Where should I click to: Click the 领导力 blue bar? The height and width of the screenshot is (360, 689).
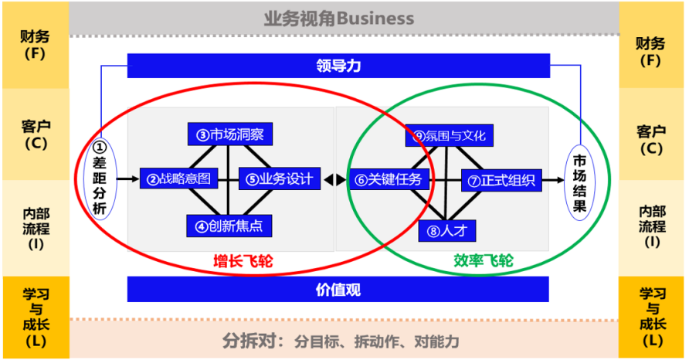click(338, 66)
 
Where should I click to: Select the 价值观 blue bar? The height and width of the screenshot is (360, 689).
click(338, 290)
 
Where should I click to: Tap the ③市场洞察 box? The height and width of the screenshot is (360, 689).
click(229, 134)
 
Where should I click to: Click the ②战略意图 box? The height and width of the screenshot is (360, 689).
click(175, 179)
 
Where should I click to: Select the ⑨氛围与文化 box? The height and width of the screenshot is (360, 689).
click(450, 135)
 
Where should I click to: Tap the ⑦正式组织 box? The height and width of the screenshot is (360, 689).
click(501, 180)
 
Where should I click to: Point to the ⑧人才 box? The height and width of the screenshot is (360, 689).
click(448, 229)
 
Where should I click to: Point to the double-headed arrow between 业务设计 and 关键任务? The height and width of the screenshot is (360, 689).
click(334, 180)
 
